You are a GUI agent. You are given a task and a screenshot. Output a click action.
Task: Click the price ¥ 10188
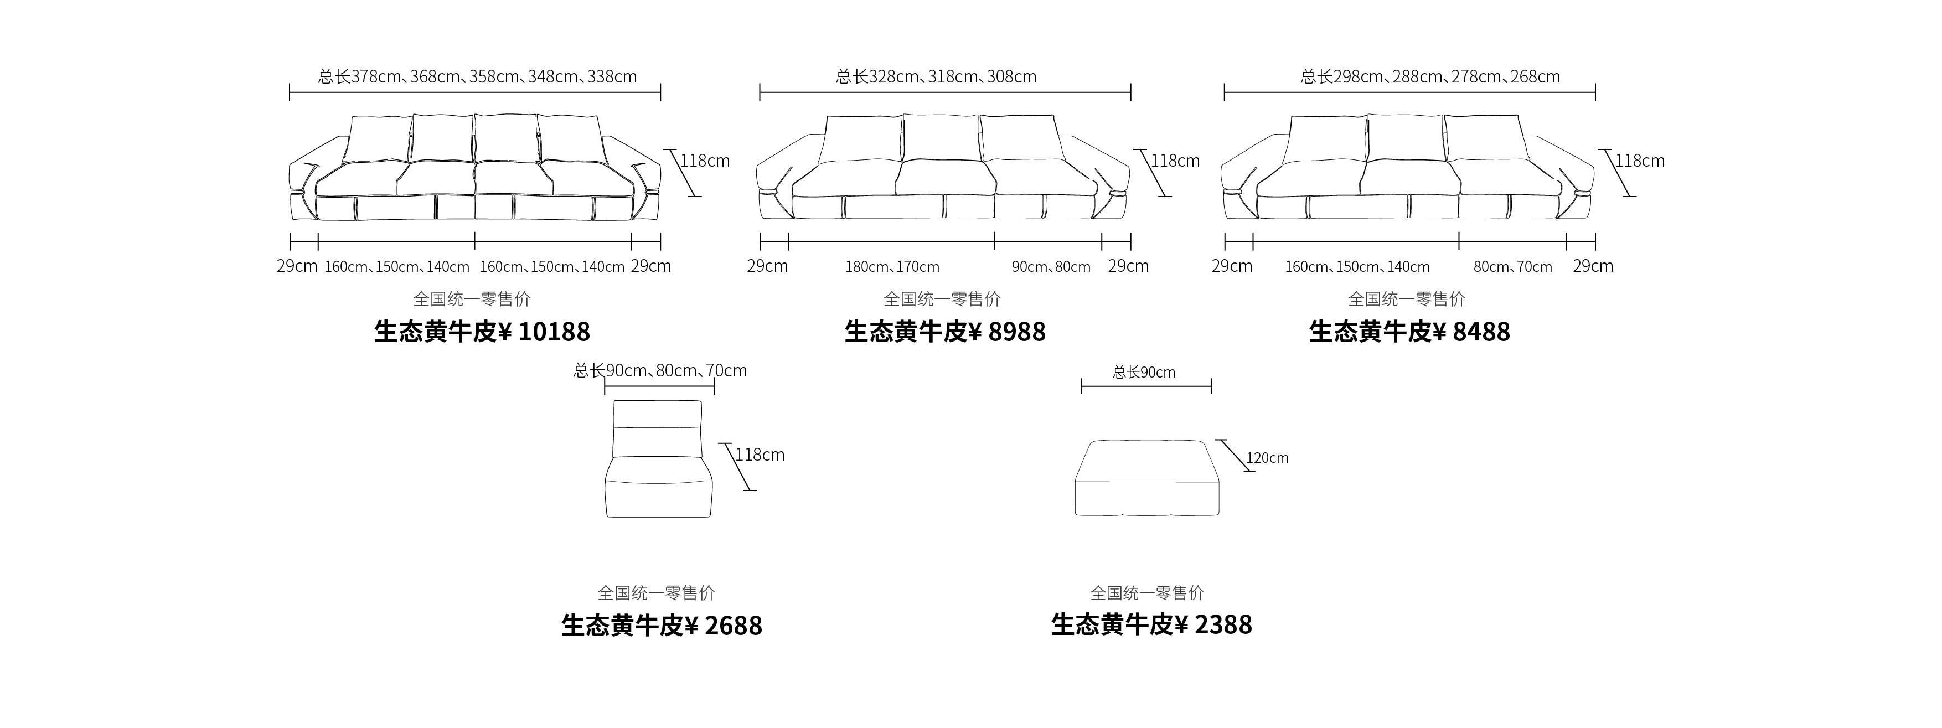coord(544,332)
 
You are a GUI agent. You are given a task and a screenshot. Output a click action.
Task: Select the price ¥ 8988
coord(1007,332)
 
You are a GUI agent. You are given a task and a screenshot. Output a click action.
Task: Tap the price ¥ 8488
coord(1471,332)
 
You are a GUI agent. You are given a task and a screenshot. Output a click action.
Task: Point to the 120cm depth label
coord(1267,457)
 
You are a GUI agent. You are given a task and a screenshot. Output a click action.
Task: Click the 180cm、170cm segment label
coord(892,267)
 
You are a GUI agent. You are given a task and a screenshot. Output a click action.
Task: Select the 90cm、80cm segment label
coord(1051,267)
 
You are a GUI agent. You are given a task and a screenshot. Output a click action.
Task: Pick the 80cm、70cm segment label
coord(1513,267)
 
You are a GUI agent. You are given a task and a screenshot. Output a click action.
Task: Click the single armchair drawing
coord(659,459)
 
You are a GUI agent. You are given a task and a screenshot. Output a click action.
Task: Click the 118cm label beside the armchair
coord(760,455)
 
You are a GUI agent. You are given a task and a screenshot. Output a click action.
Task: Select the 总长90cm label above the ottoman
coord(1144,372)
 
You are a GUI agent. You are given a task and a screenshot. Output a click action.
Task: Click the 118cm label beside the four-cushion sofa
coord(705,161)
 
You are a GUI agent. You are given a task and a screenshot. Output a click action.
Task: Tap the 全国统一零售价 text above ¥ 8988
coord(942,299)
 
